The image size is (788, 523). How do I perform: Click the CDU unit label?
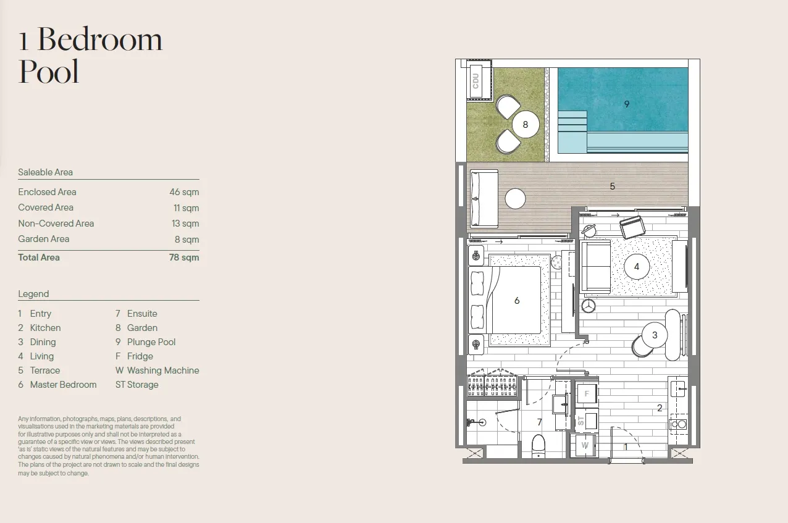pos(476,81)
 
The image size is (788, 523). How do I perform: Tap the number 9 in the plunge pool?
pos(627,104)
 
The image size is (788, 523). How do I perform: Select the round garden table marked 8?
pos(526,125)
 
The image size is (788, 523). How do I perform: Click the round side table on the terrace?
pos(516,199)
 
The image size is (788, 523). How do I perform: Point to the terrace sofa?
pos(484,198)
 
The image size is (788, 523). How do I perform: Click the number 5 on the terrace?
pos(613,186)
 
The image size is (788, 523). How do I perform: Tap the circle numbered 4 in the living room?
pos(637,267)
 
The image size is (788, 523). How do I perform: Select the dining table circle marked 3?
pos(655,335)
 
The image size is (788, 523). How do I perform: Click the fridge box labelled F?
pos(587,393)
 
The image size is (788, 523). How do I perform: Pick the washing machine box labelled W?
pos(585,446)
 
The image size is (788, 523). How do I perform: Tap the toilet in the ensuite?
pos(539,446)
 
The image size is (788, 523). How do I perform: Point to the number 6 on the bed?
pos(517,300)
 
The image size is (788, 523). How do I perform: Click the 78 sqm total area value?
pos(184,257)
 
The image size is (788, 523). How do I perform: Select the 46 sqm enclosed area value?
pos(184,192)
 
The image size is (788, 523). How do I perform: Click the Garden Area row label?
pos(44,239)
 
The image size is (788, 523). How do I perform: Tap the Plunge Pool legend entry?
pos(145,342)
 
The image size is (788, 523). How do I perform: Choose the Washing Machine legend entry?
pos(157,370)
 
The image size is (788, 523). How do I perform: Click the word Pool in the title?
pos(49,72)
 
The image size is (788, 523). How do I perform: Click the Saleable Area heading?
pos(45,172)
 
